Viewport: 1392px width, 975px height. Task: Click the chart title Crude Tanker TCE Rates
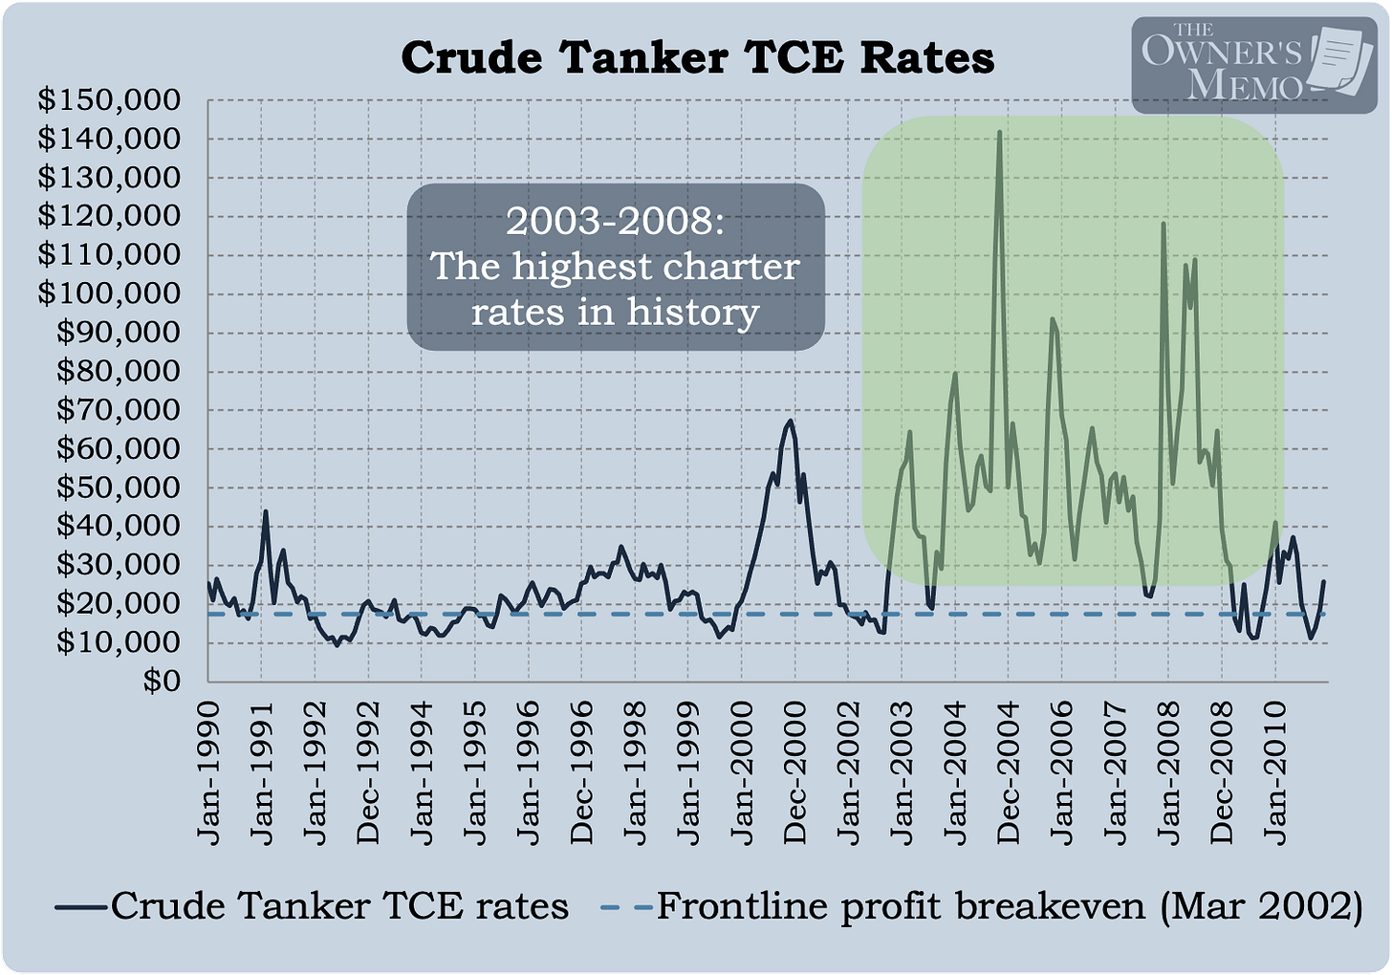[697, 57]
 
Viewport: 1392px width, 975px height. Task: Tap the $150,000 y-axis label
[109, 99]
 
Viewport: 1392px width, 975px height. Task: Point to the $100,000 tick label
[109, 293]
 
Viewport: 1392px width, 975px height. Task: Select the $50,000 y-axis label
[119, 487]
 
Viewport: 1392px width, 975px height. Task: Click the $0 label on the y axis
[162, 682]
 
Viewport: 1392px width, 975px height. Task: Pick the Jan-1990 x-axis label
[209, 773]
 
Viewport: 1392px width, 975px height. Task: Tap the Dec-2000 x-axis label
[795, 773]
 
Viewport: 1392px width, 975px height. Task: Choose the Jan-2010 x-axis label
[1275, 773]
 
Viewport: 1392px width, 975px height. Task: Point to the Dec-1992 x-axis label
[369, 773]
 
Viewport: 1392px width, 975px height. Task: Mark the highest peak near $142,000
[999, 132]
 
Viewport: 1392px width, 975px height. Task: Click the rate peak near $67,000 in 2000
[790, 421]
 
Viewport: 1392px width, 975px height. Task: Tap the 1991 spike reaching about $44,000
[266, 511]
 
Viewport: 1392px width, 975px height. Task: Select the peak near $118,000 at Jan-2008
[1164, 224]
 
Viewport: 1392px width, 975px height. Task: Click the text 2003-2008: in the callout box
[616, 221]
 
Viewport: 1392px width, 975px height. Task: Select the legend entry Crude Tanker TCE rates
[312, 906]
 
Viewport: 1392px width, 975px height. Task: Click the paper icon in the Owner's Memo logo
[1339, 59]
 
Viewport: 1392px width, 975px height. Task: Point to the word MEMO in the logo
[1246, 84]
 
